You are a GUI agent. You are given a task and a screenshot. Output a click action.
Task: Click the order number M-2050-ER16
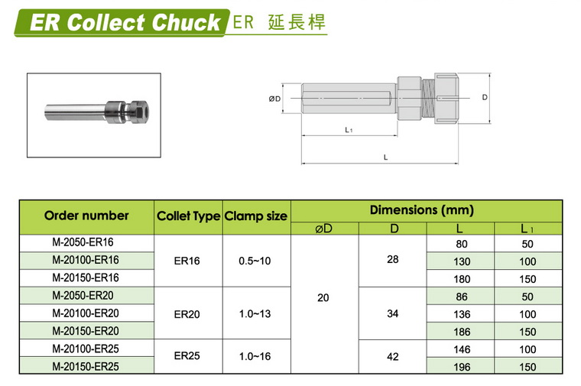click(83, 242)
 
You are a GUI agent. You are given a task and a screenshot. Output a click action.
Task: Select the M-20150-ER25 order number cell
click(86, 367)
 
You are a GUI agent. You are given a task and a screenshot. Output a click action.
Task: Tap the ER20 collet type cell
click(187, 314)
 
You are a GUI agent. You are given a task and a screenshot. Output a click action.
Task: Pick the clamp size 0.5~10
click(255, 261)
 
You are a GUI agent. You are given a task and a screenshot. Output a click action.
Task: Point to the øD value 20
click(323, 297)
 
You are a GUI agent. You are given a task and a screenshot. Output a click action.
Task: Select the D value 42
click(393, 356)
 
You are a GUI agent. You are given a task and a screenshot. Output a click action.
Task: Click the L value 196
click(462, 367)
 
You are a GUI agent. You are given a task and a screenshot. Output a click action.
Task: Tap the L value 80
click(462, 244)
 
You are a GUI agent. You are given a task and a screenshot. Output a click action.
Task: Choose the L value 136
click(462, 314)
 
